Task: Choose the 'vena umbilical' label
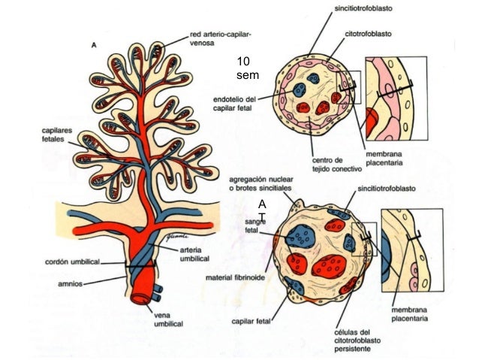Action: pos(170,317)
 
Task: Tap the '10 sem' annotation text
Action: pos(247,68)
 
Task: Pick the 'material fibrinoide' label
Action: pos(235,277)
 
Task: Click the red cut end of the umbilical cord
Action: pos(142,295)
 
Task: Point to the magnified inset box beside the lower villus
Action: pos(408,251)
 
